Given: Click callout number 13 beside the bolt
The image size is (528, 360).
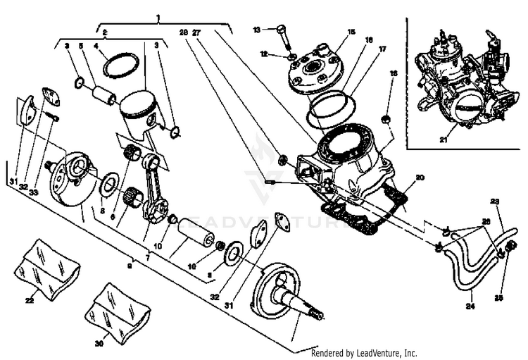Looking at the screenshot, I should click(257, 29).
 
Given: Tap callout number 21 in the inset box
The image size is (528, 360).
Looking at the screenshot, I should click(444, 139).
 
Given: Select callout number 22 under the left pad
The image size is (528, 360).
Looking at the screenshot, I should click(30, 301).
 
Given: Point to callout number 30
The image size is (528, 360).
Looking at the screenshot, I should click(98, 343).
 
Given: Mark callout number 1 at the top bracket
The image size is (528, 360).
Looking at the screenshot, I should click(158, 15).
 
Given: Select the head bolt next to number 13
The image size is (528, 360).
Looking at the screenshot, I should click(282, 37).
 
